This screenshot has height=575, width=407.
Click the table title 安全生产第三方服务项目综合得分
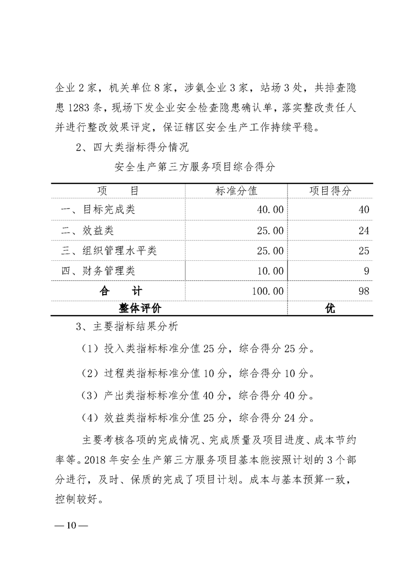pyautogui.click(x=195, y=167)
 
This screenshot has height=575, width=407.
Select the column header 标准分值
pyautogui.click(x=236, y=191)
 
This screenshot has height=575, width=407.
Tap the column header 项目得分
pyautogui.click(x=330, y=191)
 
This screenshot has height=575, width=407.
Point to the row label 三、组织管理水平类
pyautogui.click(x=109, y=251)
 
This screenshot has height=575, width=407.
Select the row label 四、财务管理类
pyautogui.click(x=98, y=271)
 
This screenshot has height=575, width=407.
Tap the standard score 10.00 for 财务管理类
pyautogui.click(x=270, y=271)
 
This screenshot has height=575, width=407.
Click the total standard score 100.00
pyautogui.click(x=267, y=291)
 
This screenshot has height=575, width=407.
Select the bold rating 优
pyautogui.click(x=330, y=309)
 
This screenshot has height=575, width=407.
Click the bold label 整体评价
pyautogui.click(x=140, y=309)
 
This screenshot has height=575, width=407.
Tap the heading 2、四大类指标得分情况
pyautogui.click(x=132, y=148)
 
